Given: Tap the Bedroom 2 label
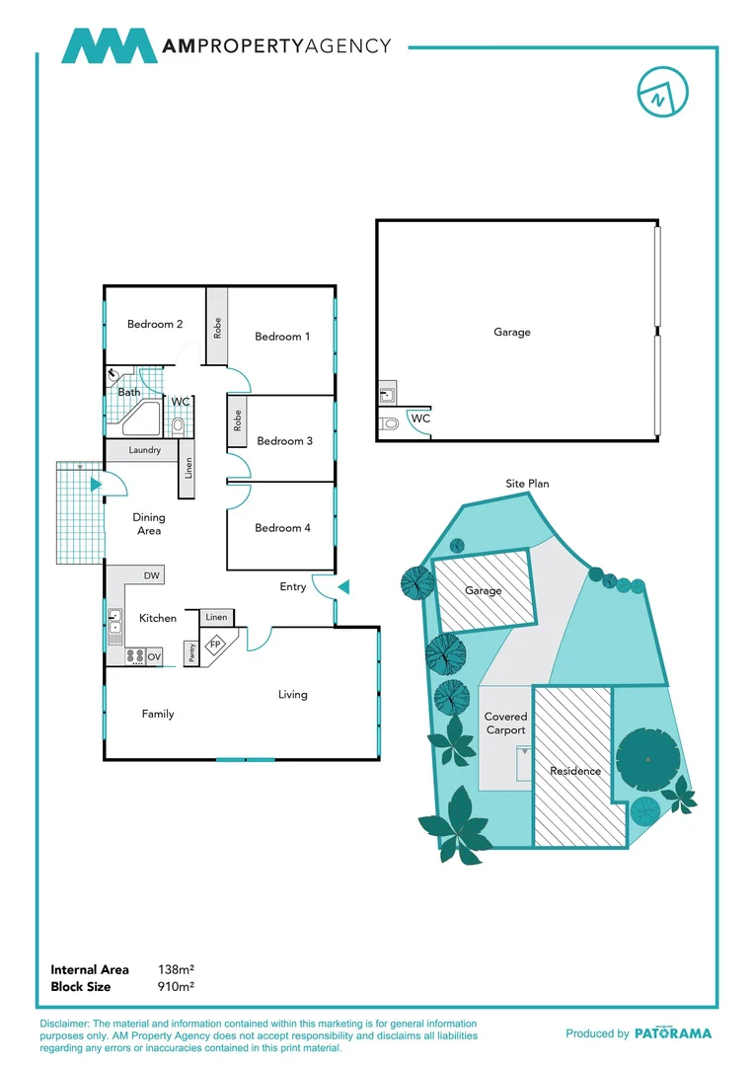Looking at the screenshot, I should pyautogui.click(x=155, y=324).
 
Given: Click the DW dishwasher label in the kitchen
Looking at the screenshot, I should pyautogui.click(x=152, y=575).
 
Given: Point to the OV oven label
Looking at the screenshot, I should pyautogui.click(x=154, y=655).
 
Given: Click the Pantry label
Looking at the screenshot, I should pyautogui.click(x=190, y=652).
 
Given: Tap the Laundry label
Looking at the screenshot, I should pyautogui.click(x=144, y=451).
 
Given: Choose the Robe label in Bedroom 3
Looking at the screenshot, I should pyautogui.click(x=238, y=421).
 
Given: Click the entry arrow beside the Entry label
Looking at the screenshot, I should pyautogui.click(x=342, y=587).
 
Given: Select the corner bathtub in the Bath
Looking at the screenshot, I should pyautogui.click(x=139, y=419).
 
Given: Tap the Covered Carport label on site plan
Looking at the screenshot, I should pyautogui.click(x=506, y=723).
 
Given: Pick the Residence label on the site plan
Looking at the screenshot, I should pyautogui.click(x=574, y=771).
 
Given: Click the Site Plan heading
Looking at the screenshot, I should pyautogui.click(x=527, y=484).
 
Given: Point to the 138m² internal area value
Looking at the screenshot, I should pyautogui.click(x=176, y=970).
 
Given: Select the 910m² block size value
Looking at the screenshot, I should pyautogui.click(x=176, y=986).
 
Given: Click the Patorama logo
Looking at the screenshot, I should pyautogui.click(x=672, y=1033).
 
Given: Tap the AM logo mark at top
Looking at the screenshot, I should pyautogui.click(x=109, y=46).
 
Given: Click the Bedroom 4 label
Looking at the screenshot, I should pyautogui.click(x=282, y=528).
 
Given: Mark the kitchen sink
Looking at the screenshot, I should pyautogui.click(x=115, y=622).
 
